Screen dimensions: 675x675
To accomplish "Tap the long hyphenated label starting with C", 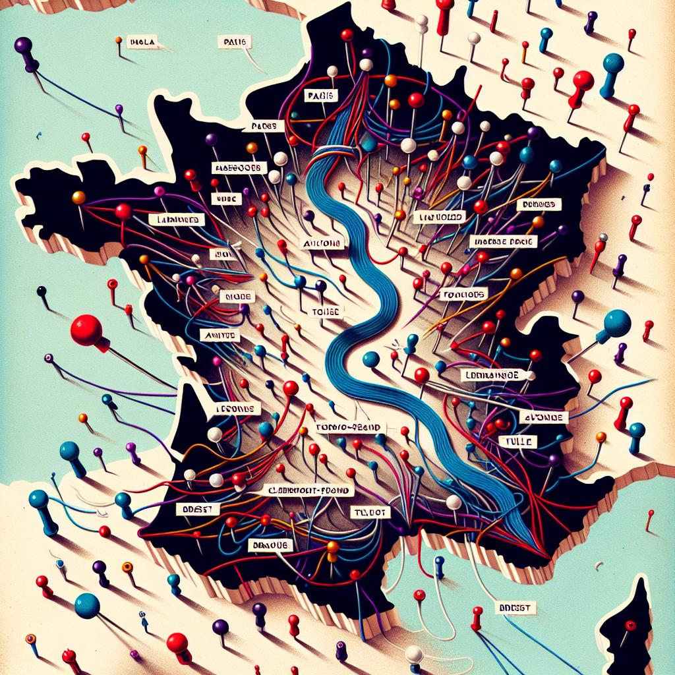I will point(308,491).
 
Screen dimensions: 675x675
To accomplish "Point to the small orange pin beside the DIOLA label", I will point(119,40).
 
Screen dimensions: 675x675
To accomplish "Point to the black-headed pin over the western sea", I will point(42,290).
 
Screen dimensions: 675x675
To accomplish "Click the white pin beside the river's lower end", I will point(453,502).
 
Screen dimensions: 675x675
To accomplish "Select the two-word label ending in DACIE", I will point(504,242).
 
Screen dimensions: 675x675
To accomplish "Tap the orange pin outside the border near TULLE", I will point(600,436).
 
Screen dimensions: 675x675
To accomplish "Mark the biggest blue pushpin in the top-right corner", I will point(613,64).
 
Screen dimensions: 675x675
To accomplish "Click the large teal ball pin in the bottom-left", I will point(86,605).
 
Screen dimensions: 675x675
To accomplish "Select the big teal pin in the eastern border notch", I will point(616,321).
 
